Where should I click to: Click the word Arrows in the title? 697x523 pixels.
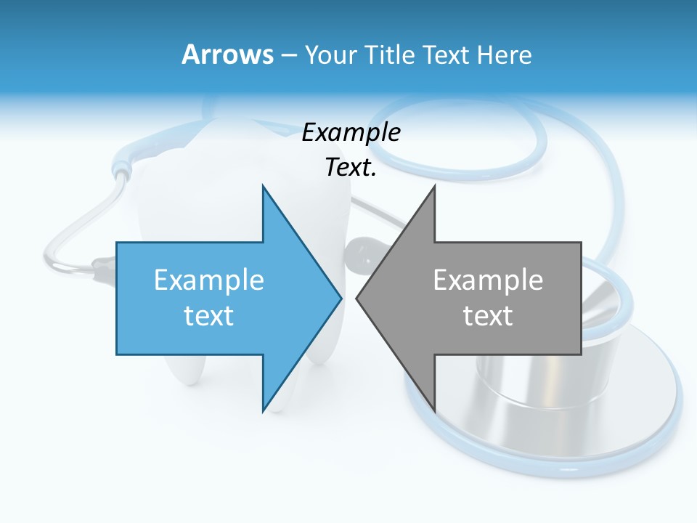click(227, 54)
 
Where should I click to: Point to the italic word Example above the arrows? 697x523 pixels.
click(351, 132)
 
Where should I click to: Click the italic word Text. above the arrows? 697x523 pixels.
click(351, 167)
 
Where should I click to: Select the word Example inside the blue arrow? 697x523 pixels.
click(209, 280)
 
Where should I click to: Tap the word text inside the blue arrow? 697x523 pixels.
click(209, 315)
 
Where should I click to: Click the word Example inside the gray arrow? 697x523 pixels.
click(488, 280)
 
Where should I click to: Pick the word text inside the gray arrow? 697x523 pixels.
click(488, 315)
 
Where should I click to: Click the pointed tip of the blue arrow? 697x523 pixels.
click(341, 298)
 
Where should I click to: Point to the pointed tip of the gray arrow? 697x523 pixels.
click(357, 298)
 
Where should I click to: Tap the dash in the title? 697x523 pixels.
click(288, 54)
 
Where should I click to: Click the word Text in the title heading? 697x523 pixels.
click(447, 54)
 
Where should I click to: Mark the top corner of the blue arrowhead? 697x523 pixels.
click(263, 187)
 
